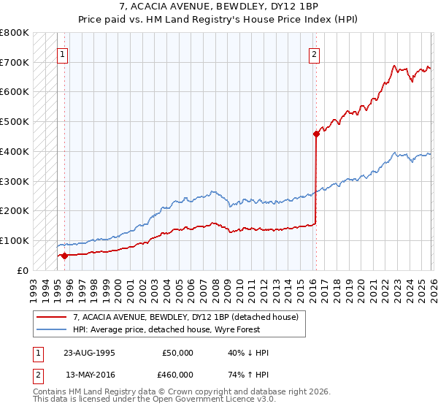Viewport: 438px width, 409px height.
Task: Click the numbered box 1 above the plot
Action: (x=62, y=54)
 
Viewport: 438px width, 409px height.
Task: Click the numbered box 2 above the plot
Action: (x=314, y=54)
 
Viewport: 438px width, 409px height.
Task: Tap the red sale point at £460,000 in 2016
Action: (x=316, y=134)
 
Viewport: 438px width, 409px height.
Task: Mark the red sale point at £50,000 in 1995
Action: (x=64, y=256)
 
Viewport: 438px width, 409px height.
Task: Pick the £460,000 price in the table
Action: (x=178, y=374)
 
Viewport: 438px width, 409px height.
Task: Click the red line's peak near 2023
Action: (x=394, y=66)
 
